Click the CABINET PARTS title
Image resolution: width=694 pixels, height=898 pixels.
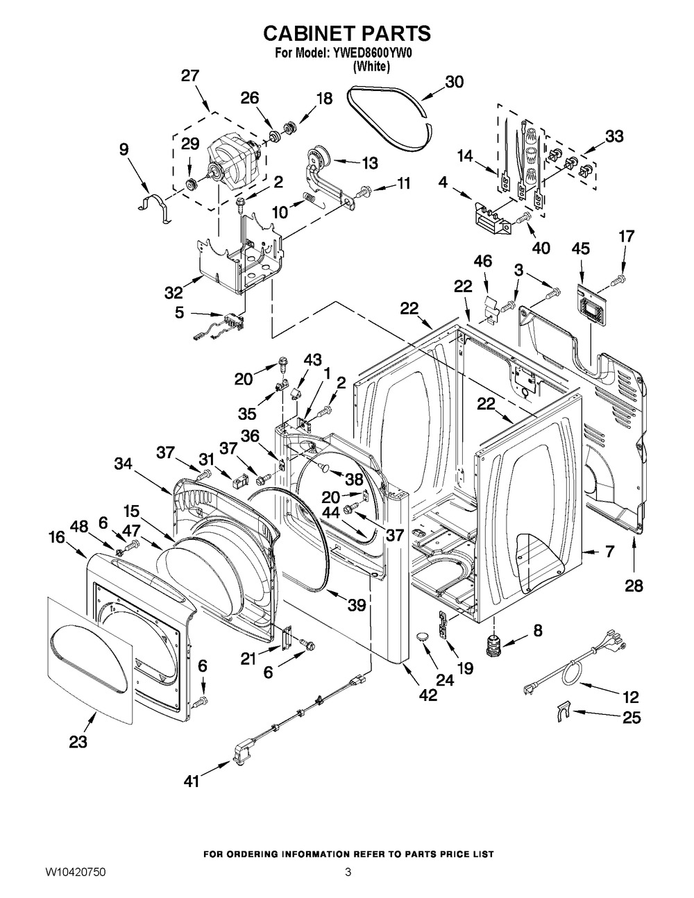347,33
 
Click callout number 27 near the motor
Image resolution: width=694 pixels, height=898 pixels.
190,76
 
